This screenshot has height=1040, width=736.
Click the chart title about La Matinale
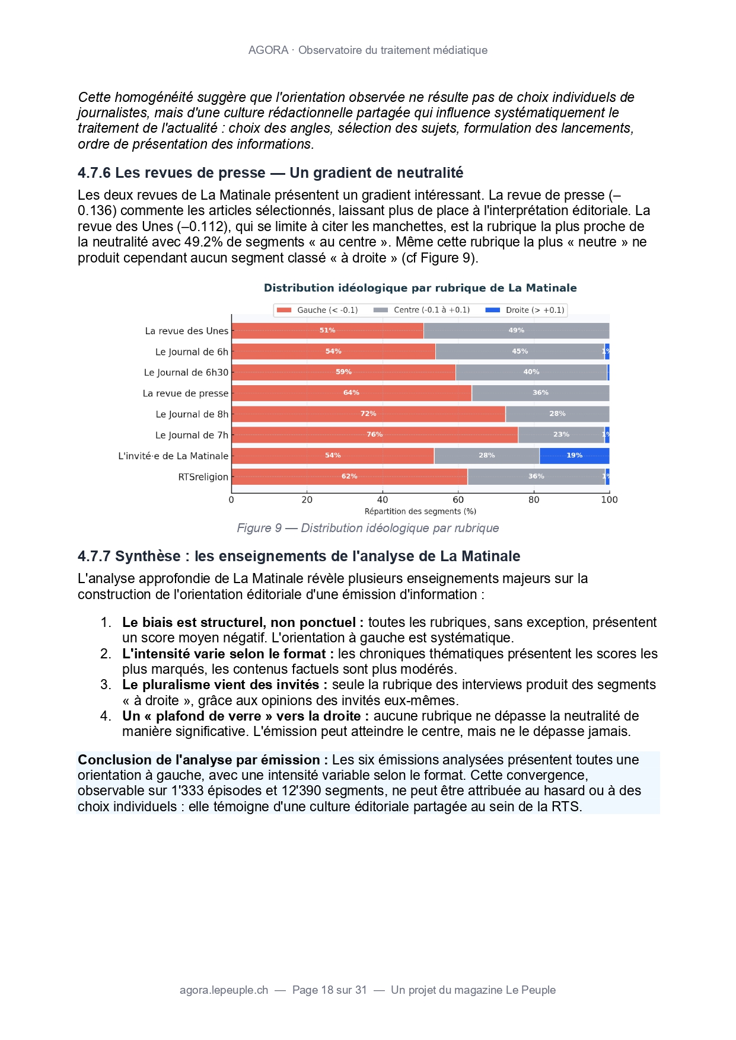(x=420, y=288)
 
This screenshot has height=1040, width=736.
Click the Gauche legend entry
(x=317, y=310)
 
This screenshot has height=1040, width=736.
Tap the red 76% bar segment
(x=374, y=435)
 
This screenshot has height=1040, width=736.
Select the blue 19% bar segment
(x=574, y=456)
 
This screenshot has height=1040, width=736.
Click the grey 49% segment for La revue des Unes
(x=516, y=331)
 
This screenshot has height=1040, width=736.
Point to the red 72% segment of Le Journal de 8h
(x=368, y=414)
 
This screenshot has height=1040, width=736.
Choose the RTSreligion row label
(x=203, y=477)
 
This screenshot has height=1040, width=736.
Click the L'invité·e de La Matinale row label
(x=173, y=456)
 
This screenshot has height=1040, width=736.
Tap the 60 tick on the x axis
(x=458, y=500)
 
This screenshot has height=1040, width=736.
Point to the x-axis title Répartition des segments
(x=420, y=511)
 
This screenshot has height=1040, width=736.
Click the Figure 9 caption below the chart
(x=368, y=528)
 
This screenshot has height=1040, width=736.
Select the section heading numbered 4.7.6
(x=270, y=173)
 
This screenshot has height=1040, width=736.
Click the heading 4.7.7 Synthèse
(x=299, y=556)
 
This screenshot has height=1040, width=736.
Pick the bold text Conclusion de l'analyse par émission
(x=203, y=760)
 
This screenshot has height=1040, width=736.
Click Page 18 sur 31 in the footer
(x=330, y=990)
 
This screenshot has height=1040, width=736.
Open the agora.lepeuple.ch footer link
(x=224, y=990)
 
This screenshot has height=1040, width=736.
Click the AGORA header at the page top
(x=368, y=50)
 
